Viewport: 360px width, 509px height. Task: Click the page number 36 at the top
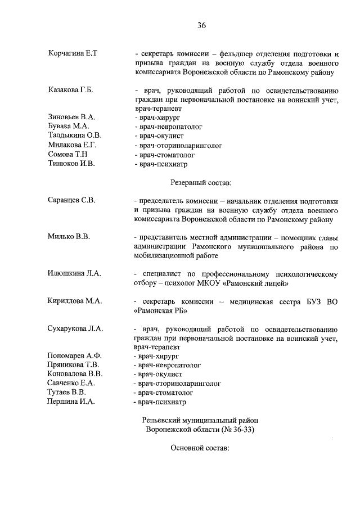pos(202,25)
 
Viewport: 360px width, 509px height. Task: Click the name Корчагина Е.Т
pos(73,54)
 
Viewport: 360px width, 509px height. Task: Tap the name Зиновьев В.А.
pos(71,117)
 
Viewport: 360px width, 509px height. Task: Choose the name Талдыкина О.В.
pos(75,136)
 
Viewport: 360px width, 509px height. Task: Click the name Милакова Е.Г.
pos(73,145)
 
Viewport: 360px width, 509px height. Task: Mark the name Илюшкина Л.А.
pos(74,273)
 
